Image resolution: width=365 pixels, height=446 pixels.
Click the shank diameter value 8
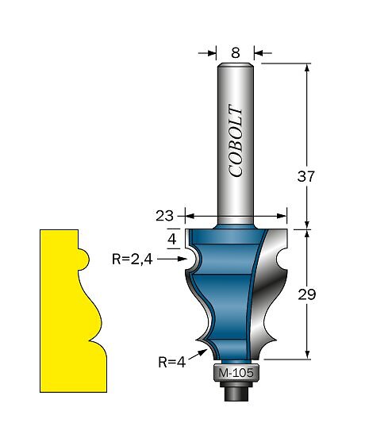pos(236,53)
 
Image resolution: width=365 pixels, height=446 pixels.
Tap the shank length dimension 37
pos(306,176)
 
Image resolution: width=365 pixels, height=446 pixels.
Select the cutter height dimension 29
pos(307,294)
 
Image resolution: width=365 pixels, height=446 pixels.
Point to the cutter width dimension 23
pos(164,216)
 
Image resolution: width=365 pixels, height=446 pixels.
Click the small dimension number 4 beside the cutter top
pos(172,240)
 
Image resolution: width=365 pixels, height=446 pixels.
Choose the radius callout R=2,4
pos(133,260)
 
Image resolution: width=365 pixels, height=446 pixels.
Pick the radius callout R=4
pos(172,363)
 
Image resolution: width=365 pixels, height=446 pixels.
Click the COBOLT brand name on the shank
pos(236,140)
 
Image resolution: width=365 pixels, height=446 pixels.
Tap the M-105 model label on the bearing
pos(236,373)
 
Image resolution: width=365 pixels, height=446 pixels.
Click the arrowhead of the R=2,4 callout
pos(182,259)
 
